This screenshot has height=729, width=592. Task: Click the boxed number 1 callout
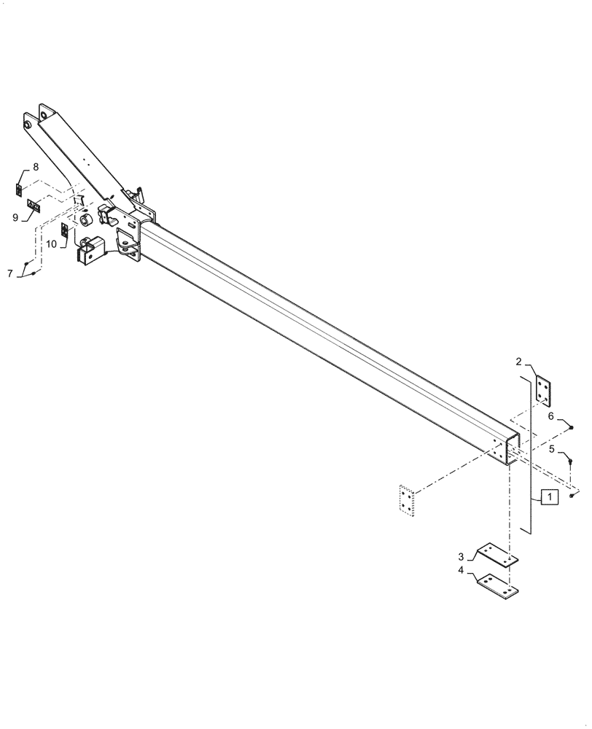549,497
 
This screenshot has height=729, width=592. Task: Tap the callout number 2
518,362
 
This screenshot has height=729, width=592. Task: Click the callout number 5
553,449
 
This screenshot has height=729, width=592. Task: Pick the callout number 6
552,416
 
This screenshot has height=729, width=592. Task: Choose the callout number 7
10,273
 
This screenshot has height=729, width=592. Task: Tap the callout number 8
36,167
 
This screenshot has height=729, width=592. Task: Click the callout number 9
15,217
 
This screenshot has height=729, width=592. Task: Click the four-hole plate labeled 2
543,389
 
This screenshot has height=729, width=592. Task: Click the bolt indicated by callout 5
570,461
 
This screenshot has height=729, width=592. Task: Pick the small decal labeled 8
20,190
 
